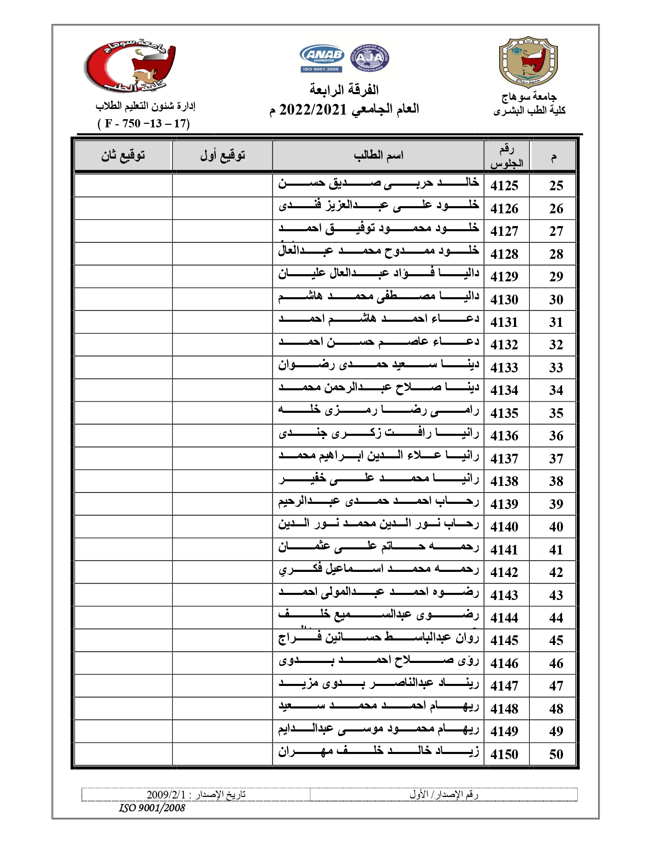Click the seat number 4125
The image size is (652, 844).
point(504,186)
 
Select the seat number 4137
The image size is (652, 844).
point(504,459)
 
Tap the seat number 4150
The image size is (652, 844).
point(504,754)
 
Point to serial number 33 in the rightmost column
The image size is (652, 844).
point(556,368)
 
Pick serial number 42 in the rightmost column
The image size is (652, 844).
point(556,572)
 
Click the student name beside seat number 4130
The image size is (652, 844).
point(378,297)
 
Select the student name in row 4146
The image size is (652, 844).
point(378,660)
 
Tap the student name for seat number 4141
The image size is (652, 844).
point(378,547)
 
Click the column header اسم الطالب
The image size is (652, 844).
point(378,155)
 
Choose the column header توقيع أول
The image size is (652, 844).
point(222,155)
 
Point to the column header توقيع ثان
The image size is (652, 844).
point(123,155)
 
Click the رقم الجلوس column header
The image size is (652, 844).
point(506,156)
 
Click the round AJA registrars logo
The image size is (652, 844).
point(369,58)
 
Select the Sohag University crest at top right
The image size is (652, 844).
point(529,62)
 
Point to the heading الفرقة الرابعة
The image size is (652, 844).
point(344,90)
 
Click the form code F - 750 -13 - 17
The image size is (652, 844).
point(144,124)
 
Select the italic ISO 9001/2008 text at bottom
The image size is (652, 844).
point(152,808)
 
